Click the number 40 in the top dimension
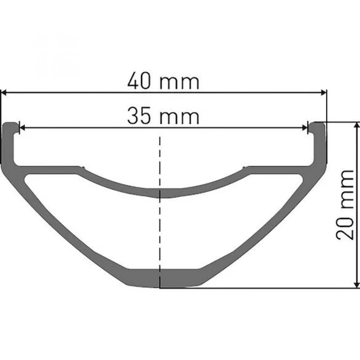coord(139,81)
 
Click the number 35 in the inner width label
coord(139,115)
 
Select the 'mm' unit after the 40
coord(179,82)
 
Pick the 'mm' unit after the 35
coord(179,117)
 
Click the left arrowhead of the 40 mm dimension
coord(4,93)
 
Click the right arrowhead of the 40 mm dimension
coord(324,93)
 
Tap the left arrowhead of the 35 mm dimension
coord(22,128)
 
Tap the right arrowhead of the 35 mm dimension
coord(305,128)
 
